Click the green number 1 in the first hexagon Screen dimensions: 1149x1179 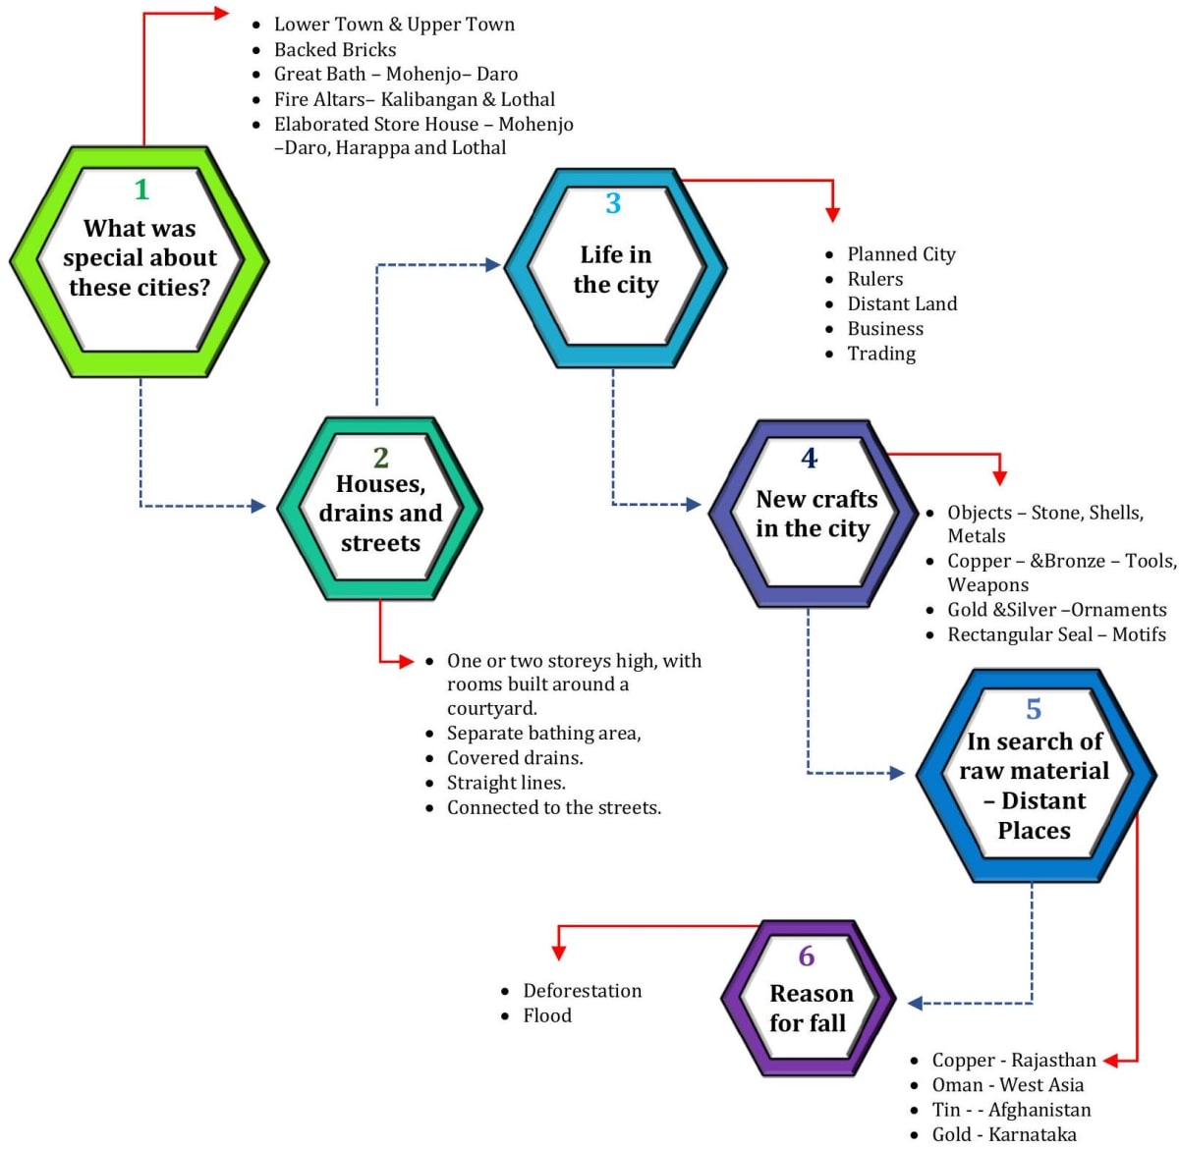coord(141,189)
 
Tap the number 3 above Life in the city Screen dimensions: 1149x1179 coord(613,203)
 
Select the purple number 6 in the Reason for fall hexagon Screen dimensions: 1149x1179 coord(807,956)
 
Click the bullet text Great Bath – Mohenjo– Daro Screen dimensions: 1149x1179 coord(395,74)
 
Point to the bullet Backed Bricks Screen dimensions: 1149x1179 coord(335,49)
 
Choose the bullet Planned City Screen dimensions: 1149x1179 coord(901,254)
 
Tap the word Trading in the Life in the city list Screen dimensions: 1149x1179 coord(881,354)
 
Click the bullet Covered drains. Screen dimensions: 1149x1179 coord(515,758)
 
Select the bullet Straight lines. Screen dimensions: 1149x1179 coord(506,783)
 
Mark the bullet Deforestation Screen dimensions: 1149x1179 coord(582,991)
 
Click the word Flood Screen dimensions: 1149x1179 coord(547,1015)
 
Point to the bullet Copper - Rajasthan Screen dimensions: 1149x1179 coord(1014,1061)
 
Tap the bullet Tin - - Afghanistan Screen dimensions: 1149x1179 coord(1011,1110)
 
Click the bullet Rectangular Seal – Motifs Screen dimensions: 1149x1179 coord(1056,634)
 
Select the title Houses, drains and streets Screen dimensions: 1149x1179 coord(380,514)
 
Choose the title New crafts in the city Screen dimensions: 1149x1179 coord(814,514)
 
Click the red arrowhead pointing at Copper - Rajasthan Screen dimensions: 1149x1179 coord(1111,1061)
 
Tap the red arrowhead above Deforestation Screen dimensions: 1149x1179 coord(559,952)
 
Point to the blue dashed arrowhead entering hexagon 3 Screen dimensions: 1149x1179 coord(493,264)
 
